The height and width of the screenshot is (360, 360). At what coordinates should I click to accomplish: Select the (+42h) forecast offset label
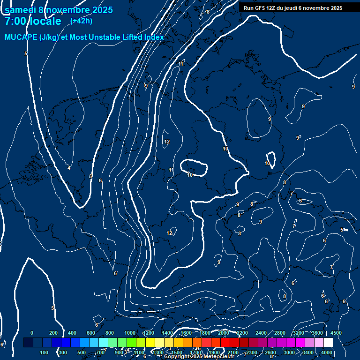[x=81, y=21]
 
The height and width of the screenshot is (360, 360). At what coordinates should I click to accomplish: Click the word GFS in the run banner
[x=259, y=8]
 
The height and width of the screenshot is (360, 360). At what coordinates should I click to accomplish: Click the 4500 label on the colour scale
[x=336, y=333]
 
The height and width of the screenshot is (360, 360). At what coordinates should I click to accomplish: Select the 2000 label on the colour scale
[x=224, y=333]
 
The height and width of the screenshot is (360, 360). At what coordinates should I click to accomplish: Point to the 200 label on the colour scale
[x=53, y=333]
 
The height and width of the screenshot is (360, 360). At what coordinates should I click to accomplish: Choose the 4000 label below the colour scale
[x=327, y=352]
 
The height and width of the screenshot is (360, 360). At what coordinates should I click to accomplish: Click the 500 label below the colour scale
[x=82, y=352]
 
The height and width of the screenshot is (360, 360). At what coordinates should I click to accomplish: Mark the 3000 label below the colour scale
[x=290, y=352]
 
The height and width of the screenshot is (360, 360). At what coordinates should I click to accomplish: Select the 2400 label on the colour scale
[x=261, y=333]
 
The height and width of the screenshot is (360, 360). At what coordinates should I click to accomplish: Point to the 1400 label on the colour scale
[x=167, y=333]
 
